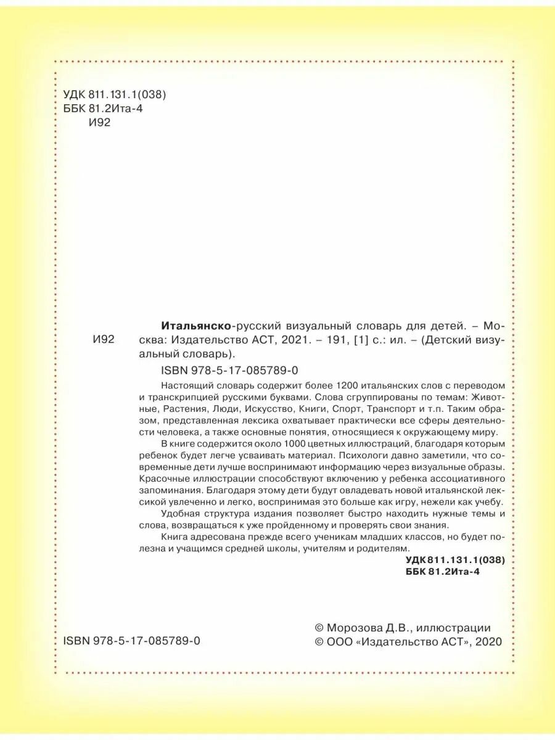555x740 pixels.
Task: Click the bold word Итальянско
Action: coord(196,325)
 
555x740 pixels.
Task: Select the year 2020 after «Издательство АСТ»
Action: coord(489,642)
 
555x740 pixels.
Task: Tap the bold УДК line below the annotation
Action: coord(455,560)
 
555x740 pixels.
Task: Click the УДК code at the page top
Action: coord(115,94)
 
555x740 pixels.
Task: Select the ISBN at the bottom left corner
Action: coord(132,641)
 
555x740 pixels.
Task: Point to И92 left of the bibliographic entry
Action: coord(103,340)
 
